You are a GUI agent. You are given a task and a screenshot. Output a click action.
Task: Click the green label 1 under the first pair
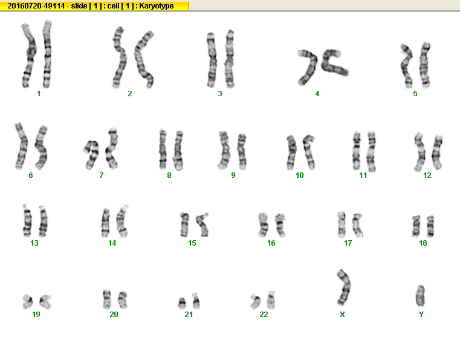coord(39,94)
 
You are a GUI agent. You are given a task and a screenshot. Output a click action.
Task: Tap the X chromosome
coord(344,287)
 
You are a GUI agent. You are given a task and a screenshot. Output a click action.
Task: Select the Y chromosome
coord(420,296)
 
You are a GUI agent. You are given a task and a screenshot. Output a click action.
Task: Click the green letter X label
coord(342,315)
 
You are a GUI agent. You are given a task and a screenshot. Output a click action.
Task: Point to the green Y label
coord(421,315)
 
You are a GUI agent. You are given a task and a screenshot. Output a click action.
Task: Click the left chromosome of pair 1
coord(29,56)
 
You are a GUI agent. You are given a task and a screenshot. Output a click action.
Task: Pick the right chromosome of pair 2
coord(143,59)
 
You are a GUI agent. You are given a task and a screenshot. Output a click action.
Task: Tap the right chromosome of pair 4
coord(334,62)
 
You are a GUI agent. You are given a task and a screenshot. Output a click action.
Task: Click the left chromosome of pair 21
coord(182,303)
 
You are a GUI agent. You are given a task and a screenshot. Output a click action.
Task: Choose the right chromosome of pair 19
coord(45,302)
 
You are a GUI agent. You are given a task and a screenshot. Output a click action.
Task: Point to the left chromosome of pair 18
coord(416,226)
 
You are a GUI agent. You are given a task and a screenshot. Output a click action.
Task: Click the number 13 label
coord(34,243)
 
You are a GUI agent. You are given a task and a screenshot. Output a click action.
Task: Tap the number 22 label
coord(264,315)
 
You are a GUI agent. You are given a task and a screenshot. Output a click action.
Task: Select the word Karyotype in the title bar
coord(157,6)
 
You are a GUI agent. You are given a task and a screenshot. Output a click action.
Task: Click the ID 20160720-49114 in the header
coord(36,6)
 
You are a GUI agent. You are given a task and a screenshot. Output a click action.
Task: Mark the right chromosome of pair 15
coord(202,225)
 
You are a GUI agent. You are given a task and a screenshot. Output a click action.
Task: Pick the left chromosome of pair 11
coord(357,151)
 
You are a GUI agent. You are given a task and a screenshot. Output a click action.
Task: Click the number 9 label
coord(233,175)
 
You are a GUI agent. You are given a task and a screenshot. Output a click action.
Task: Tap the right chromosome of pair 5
coord(424,65)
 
